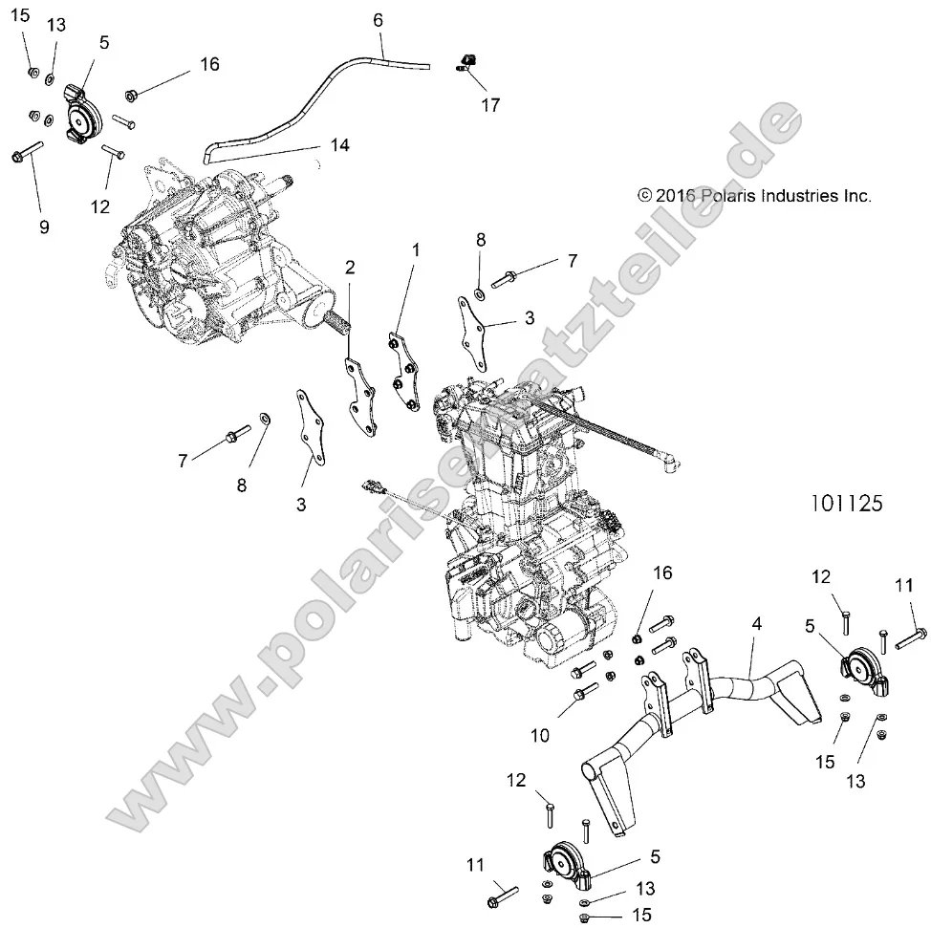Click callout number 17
490,105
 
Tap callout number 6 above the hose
377,19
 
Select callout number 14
339,146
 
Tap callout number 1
416,249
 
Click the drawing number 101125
845,503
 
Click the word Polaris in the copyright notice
732,195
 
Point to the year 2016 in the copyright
677,195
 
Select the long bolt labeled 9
27,152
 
